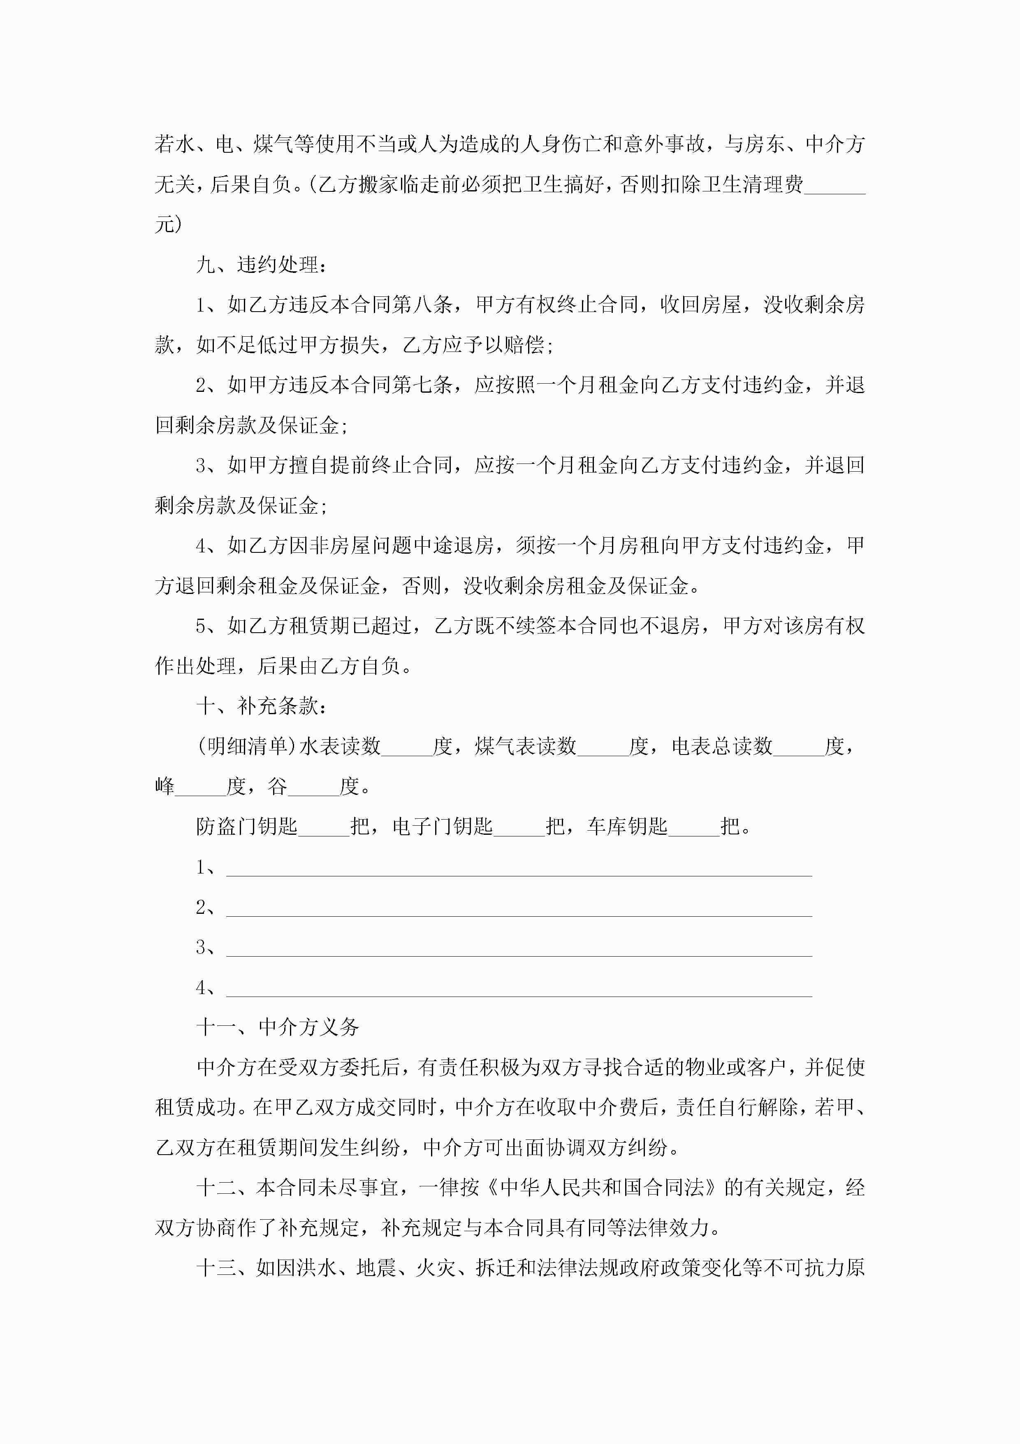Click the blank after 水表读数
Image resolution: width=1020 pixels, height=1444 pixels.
click(x=407, y=747)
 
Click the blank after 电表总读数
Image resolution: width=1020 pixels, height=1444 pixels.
click(x=799, y=747)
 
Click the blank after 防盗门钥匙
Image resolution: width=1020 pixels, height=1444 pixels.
click(x=324, y=827)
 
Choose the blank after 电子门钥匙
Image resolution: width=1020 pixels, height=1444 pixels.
click(x=519, y=827)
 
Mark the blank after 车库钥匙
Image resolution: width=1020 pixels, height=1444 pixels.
click(x=694, y=827)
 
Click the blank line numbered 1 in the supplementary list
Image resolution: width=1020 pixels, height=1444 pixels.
click(x=519, y=868)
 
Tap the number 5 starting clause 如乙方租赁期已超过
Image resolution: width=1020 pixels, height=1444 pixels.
click(x=201, y=627)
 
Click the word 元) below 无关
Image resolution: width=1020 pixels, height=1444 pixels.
click(x=169, y=224)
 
